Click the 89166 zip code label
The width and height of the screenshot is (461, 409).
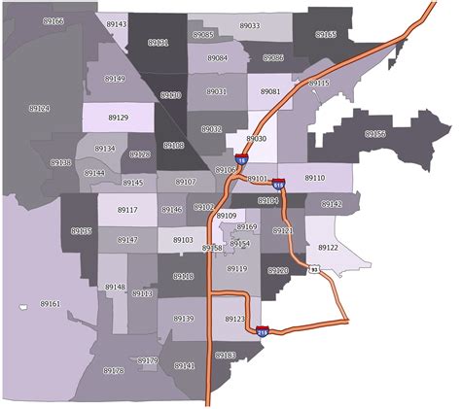pos(53,21)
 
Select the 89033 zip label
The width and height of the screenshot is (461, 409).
pos(249,26)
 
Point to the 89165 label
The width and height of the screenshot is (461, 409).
pos(326,34)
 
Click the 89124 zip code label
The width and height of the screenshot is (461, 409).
pos(38,109)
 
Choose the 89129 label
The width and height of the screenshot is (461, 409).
pos(118,118)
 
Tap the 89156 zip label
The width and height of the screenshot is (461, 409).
pos(374,134)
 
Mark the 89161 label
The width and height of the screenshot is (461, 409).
pos(51,304)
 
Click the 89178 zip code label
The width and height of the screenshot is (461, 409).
pos(113,370)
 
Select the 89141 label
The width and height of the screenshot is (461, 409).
pos(184,365)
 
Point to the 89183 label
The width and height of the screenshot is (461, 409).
pos(225,356)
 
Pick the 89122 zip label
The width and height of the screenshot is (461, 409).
pos(329,248)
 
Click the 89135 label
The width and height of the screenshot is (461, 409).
pos(82,231)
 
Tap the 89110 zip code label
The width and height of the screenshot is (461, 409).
pos(314,178)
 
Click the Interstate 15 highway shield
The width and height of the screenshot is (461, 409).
pos(240,160)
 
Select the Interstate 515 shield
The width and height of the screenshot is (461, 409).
pos(279,182)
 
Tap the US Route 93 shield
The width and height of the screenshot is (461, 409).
pos(313,269)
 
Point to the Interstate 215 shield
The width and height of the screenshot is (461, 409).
pos(262,332)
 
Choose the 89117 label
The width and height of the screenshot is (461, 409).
pos(127,210)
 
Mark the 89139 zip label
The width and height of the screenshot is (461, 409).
pos(184,319)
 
